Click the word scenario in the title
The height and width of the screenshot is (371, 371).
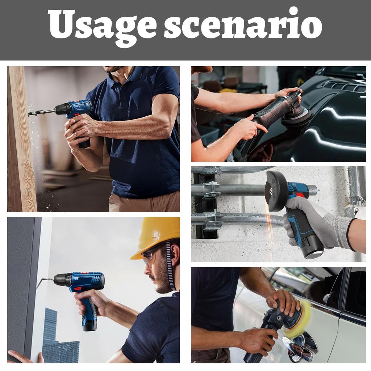click(242, 25)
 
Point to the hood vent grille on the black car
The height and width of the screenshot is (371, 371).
click(342, 86)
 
